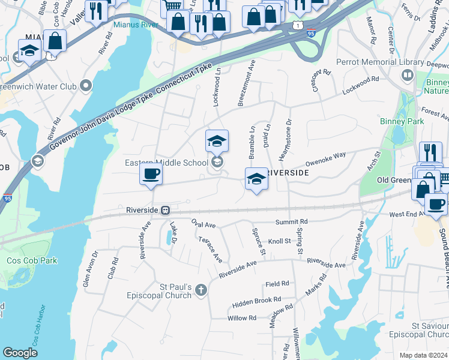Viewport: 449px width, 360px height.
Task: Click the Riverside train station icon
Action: point(164,210)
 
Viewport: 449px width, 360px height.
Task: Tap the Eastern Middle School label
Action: point(166,163)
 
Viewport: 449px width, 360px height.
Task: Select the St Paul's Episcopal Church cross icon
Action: point(200,290)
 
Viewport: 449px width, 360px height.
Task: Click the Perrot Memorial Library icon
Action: point(408,75)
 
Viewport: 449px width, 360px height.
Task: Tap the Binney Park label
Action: point(402,121)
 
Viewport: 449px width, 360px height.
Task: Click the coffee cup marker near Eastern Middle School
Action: point(151,175)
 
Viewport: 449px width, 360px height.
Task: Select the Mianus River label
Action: point(135,25)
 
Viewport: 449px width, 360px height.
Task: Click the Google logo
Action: point(20,353)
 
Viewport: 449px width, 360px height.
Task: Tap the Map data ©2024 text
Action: point(424,355)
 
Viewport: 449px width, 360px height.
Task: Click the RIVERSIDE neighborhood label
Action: point(287,172)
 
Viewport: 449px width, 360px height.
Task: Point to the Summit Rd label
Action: point(291,222)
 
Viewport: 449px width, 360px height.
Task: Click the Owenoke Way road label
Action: point(325,158)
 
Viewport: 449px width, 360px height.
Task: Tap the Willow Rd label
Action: point(242,318)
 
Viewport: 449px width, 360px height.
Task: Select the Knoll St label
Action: point(279,241)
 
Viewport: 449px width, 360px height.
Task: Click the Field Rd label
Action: point(277,283)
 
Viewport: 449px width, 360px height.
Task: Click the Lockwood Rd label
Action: point(360,85)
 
